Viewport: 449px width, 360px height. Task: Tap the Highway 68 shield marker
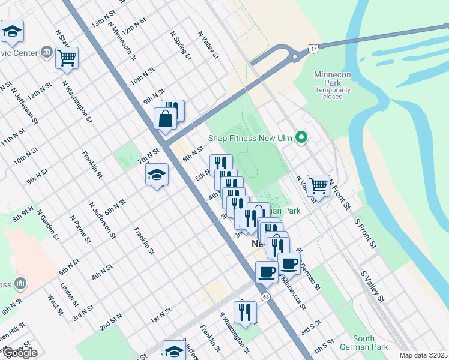point(265,297)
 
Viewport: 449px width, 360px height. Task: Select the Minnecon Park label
point(332,79)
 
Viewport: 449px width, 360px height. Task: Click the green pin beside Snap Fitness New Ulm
point(303,139)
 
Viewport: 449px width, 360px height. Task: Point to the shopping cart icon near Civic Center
point(67,58)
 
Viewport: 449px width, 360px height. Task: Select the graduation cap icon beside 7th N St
point(157,175)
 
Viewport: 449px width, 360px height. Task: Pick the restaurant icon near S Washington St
point(245,311)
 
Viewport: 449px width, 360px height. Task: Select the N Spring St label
point(181,46)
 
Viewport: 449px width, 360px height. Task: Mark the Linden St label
point(70,293)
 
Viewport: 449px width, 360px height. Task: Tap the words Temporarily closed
point(333,93)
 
